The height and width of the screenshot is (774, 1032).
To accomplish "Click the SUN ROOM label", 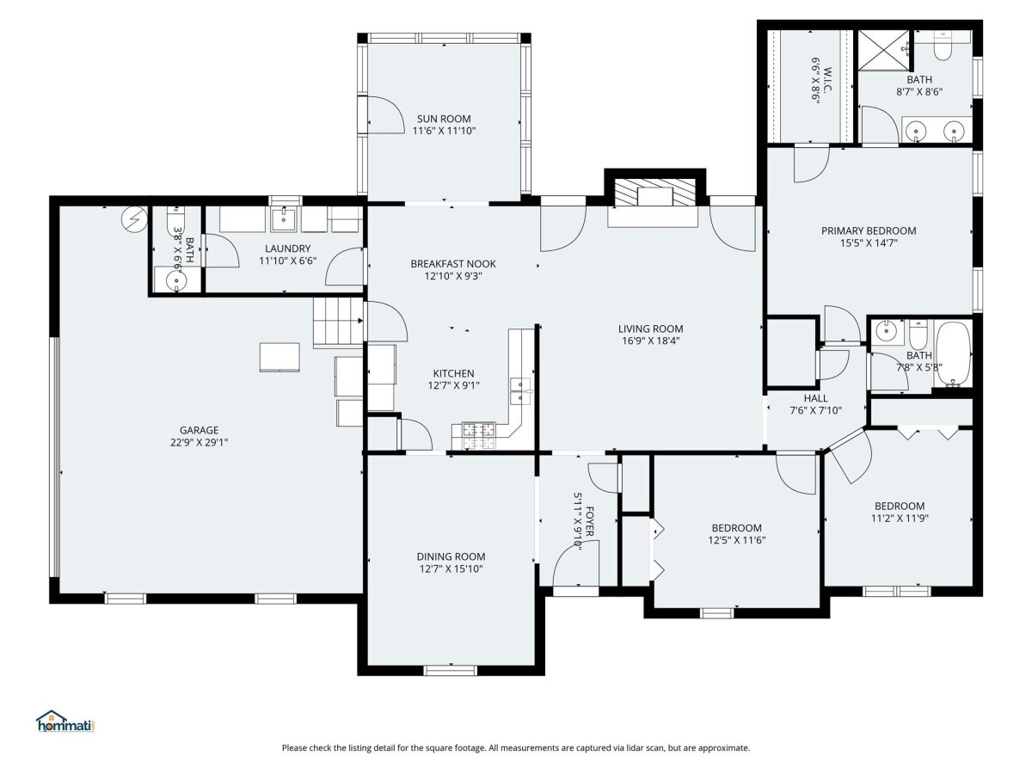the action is [x=444, y=119].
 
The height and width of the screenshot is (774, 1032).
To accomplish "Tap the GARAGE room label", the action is [x=199, y=430].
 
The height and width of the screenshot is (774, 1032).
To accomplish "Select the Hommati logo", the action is [x=66, y=722].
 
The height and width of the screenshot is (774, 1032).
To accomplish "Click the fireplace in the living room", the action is [x=655, y=192].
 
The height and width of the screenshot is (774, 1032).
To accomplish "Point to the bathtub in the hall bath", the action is [x=953, y=354].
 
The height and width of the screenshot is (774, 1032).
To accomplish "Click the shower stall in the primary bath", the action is [x=884, y=50].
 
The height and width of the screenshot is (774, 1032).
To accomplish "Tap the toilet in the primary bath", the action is [x=943, y=46].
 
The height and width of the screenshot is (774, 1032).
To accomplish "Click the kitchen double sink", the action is [x=520, y=391].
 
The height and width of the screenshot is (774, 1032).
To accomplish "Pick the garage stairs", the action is [x=338, y=322].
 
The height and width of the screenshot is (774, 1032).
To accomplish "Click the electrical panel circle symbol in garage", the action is [x=134, y=219].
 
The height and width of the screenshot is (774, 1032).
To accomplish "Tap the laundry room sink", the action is [x=284, y=219].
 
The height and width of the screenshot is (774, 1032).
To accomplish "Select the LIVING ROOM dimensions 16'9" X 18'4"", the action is [x=651, y=341].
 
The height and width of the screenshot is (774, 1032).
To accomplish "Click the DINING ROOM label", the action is [x=451, y=556].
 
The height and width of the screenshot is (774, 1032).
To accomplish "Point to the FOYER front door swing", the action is [x=575, y=563].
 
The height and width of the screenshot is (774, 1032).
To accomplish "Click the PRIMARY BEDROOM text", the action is [x=869, y=230].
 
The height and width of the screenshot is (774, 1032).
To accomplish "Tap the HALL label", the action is [x=816, y=398].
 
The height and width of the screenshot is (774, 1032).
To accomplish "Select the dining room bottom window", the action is [x=451, y=670].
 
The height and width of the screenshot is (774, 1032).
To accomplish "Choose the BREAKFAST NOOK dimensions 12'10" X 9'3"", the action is [x=453, y=276].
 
